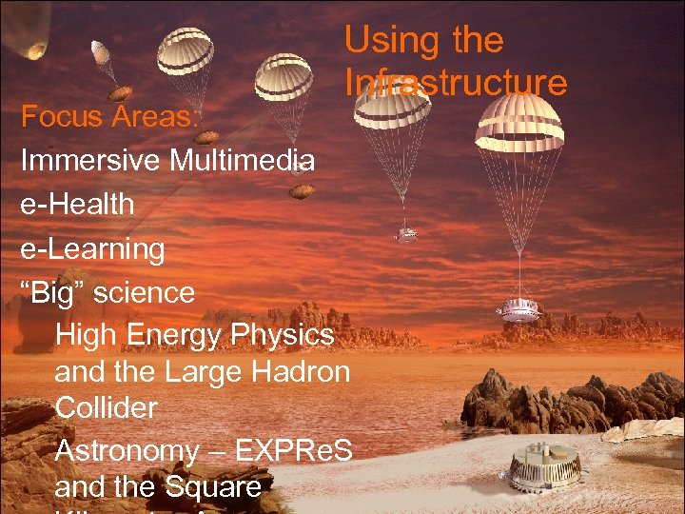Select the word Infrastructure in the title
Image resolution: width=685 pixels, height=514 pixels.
coord(456,83)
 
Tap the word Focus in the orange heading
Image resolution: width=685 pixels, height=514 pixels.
coord(57,118)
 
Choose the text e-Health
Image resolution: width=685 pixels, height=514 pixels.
coord(78,205)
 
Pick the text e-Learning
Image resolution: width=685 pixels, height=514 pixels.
coord(93,249)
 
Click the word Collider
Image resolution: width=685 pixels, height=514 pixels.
coord(107,407)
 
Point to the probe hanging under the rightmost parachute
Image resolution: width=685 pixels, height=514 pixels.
coord(519,308)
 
